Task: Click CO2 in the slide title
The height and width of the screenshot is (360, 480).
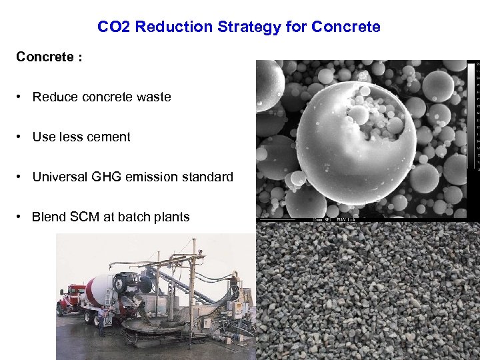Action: pyautogui.click(x=111, y=27)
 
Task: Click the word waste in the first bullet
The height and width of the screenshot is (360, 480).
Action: pyautogui.click(x=153, y=97)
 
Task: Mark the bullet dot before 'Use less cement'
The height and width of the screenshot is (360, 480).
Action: pyautogui.click(x=22, y=137)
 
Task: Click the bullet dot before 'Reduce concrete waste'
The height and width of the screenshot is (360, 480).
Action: pyautogui.click(x=22, y=97)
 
